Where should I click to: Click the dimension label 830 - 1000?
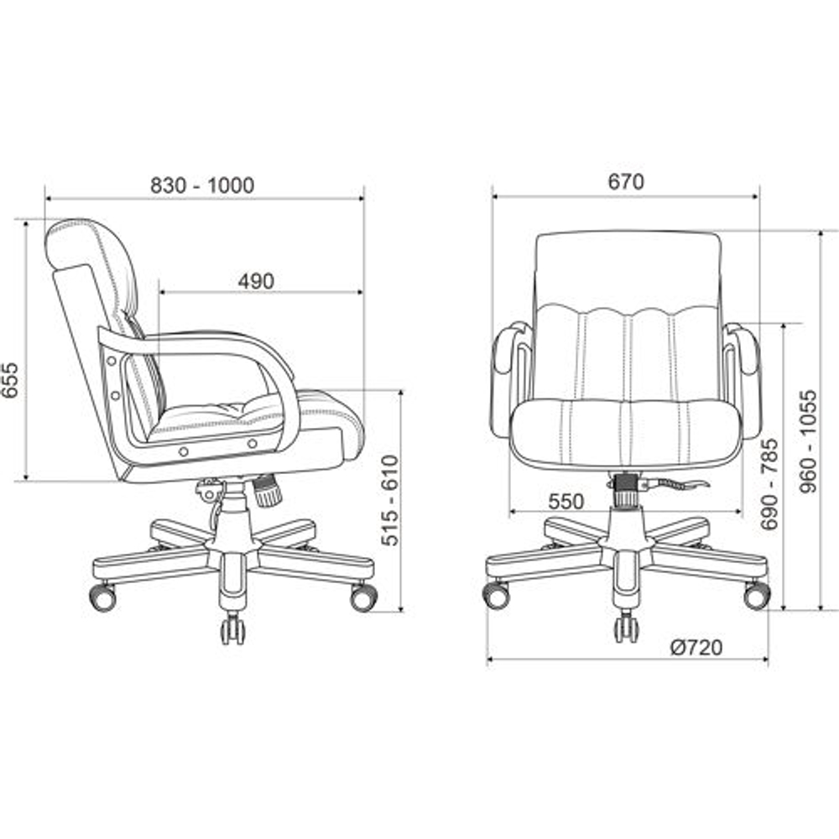(202, 185)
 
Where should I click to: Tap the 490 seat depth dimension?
(256, 281)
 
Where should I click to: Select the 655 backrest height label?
(11, 380)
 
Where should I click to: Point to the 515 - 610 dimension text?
(391, 500)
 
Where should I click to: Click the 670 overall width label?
(626, 182)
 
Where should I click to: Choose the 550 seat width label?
(566, 502)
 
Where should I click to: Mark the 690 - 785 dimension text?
(770, 484)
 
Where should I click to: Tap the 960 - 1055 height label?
(808, 441)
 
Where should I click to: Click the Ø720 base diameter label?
(696, 648)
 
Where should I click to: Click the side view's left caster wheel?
(102, 597)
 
